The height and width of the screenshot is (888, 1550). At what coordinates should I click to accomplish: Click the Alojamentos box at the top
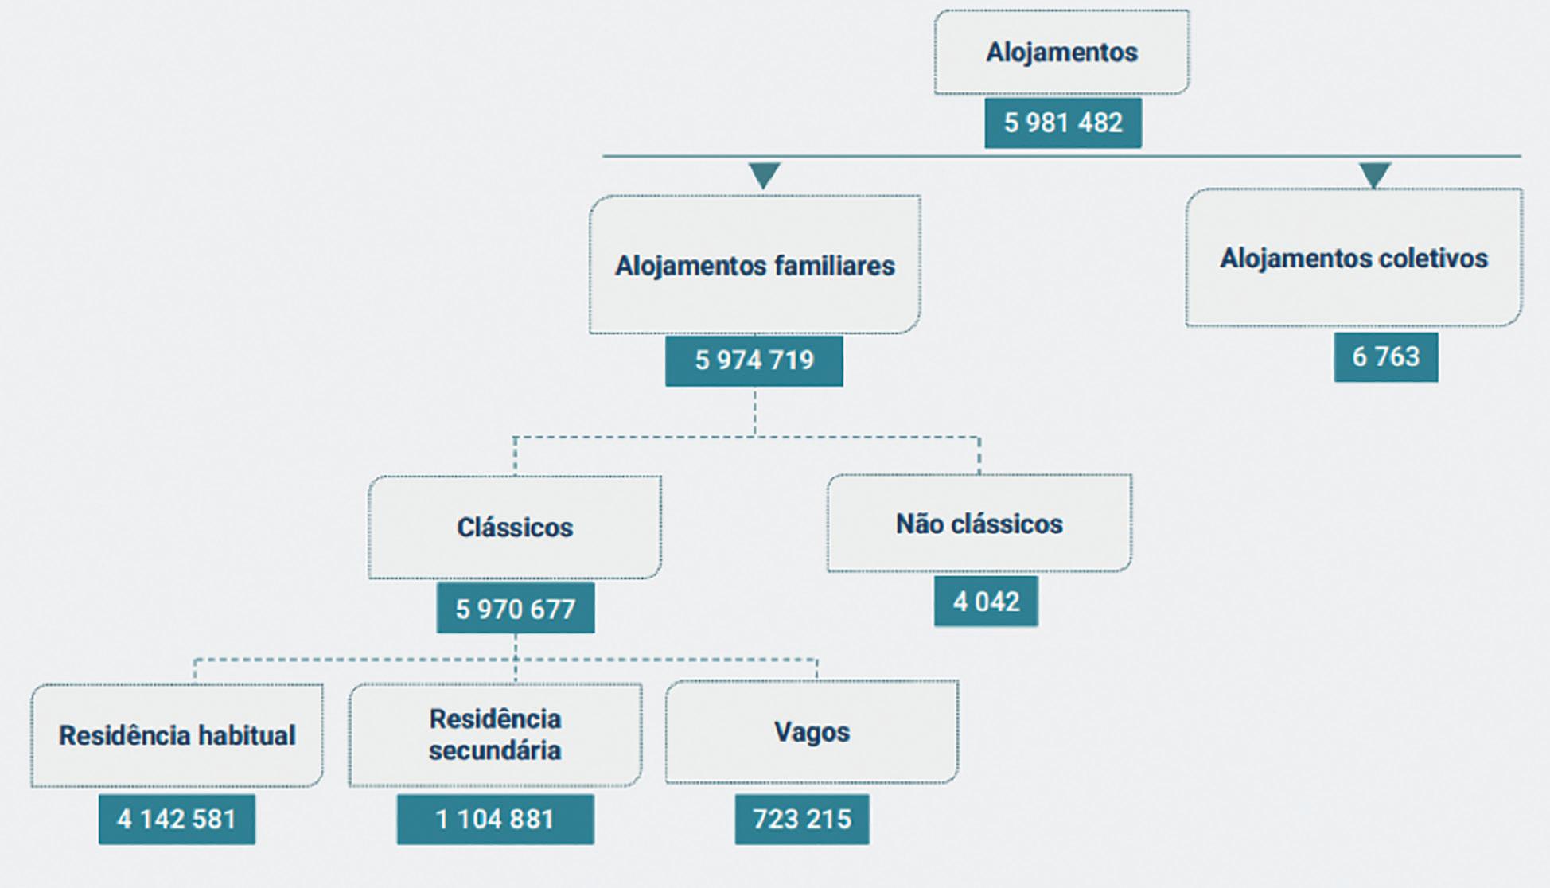pyautogui.click(x=1061, y=53)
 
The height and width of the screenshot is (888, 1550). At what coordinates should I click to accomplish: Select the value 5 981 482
pyautogui.click(x=1063, y=123)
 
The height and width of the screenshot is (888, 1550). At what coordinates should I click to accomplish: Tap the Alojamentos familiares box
pyautogui.click(x=754, y=265)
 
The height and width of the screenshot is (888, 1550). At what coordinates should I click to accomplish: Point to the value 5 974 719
pyautogui.click(x=754, y=360)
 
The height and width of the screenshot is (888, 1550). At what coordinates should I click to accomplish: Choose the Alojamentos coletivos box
pyautogui.click(x=1353, y=258)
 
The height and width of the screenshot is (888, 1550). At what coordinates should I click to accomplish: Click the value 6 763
pyautogui.click(x=1385, y=356)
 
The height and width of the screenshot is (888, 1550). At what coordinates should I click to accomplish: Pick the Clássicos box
pyautogui.click(x=515, y=527)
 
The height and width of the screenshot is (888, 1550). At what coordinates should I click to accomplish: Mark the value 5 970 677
pyautogui.click(x=515, y=609)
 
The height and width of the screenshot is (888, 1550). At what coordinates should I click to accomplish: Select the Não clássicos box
pyautogui.click(x=979, y=524)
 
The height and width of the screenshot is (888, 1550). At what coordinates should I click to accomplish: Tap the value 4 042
pyautogui.click(x=986, y=601)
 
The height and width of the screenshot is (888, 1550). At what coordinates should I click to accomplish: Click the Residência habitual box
pyautogui.click(x=177, y=735)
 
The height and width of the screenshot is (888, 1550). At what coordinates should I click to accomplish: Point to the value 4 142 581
pyautogui.click(x=177, y=819)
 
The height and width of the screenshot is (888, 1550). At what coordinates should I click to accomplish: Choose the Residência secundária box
pyautogui.click(x=495, y=734)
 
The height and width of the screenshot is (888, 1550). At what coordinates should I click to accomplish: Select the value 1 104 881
pyautogui.click(x=495, y=819)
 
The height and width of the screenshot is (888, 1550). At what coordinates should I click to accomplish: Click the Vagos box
pyautogui.click(x=812, y=732)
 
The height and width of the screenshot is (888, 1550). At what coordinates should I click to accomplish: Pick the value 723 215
pyautogui.click(x=802, y=819)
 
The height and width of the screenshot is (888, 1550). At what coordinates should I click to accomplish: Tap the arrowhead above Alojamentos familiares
pyautogui.click(x=764, y=174)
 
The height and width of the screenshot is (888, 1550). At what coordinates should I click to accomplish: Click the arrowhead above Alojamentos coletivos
pyautogui.click(x=1374, y=174)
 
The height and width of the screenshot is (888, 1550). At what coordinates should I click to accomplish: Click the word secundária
pyautogui.click(x=495, y=750)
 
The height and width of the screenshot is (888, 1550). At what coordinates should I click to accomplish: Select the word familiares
pyautogui.click(x=828, y=265)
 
